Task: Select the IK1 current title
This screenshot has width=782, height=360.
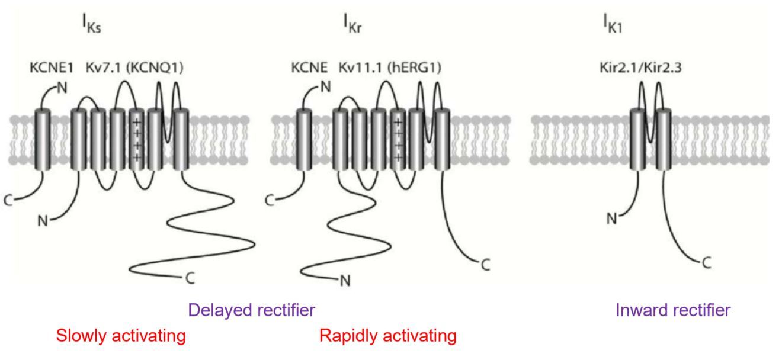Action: pyautogui.click(x=611, y=27)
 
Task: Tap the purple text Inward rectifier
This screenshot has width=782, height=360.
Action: pyautogui.click(x=673, y=310)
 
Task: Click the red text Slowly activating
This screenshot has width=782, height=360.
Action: pyautogui.click(x=121, y=336)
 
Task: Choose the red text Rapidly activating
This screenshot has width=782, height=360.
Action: pyautogui.click(x=388, y=336)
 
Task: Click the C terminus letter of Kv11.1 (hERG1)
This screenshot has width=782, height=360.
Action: pyautogui.click(x=485, y=265)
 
